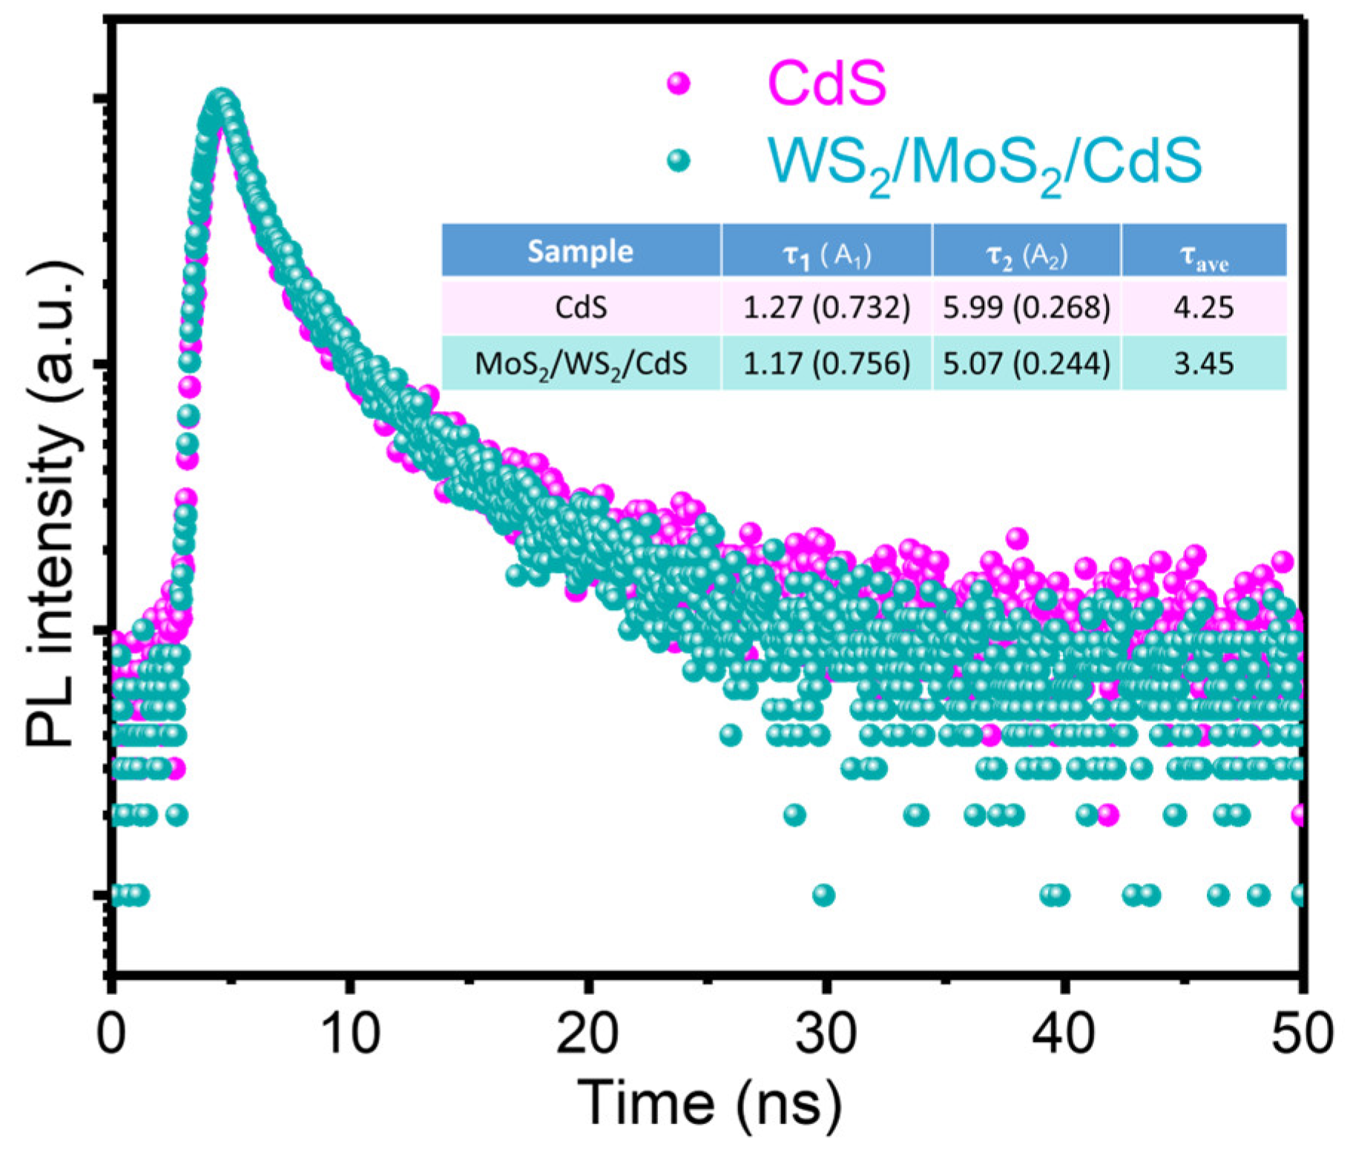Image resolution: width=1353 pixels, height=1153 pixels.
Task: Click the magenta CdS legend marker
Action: coord(678,83)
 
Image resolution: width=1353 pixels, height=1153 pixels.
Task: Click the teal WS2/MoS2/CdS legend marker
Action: coord(678,161)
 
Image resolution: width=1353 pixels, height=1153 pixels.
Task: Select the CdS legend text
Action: coord(826,82)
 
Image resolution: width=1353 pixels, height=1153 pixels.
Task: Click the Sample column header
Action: coord(580,252)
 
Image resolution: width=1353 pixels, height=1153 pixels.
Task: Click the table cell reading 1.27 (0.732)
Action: coord(826,306)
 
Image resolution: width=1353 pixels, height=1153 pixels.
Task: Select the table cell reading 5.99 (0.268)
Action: coord(1027,306)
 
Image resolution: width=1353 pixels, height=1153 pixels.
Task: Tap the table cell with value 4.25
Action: coord(1203,306)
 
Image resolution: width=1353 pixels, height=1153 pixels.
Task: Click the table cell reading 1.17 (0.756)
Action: coord(826,364)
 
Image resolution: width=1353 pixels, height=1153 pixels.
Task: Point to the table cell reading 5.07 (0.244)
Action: coord(1027,364)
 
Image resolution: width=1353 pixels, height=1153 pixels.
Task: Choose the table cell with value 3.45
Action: coord(1203,364)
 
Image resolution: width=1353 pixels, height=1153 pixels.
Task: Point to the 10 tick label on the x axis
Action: coord(351,1033)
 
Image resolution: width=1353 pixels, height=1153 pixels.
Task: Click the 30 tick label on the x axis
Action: coord(826,1033)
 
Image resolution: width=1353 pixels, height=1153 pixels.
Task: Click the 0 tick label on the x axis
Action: coord(111,1033)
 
